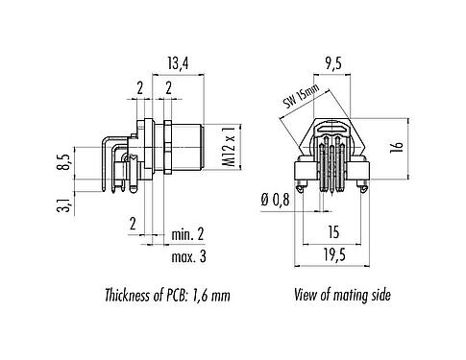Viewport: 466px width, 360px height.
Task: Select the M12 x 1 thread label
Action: click(230, 143)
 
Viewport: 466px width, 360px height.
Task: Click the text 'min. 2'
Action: click(188, 234)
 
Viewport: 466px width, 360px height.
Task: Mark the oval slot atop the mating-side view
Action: click(333, 127)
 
